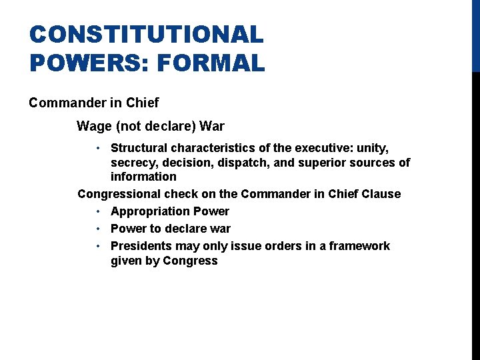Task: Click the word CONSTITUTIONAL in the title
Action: coord(147,35)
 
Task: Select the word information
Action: coord(143,177)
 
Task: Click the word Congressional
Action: coord(119,194)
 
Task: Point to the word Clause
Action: coord(380,194)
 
